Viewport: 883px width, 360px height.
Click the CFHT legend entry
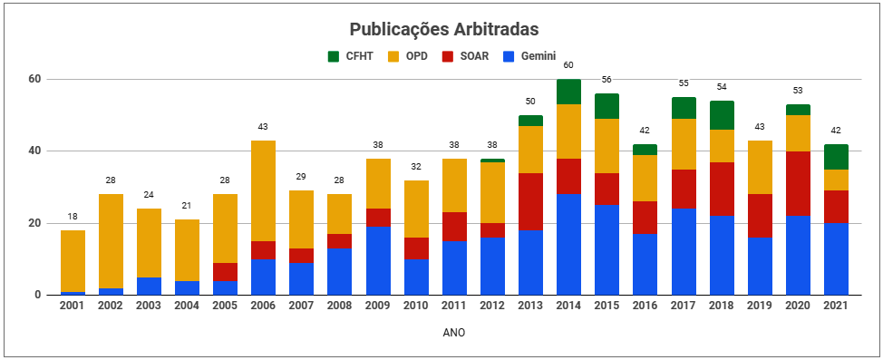346,56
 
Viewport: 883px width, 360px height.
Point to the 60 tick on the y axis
34,79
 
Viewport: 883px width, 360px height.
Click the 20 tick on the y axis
34,223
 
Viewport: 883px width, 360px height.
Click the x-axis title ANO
454,333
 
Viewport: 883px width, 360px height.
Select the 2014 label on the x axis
569,306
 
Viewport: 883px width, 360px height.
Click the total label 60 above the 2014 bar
569,65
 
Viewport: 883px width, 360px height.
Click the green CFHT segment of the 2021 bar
836,157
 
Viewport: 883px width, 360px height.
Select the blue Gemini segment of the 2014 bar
569,244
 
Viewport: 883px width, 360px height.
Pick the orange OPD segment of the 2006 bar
264,190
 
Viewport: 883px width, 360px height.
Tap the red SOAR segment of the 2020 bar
798,183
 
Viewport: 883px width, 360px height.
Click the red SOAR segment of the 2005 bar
226,271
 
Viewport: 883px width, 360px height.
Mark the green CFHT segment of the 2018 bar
722,115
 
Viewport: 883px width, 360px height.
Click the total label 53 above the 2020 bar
798,91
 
